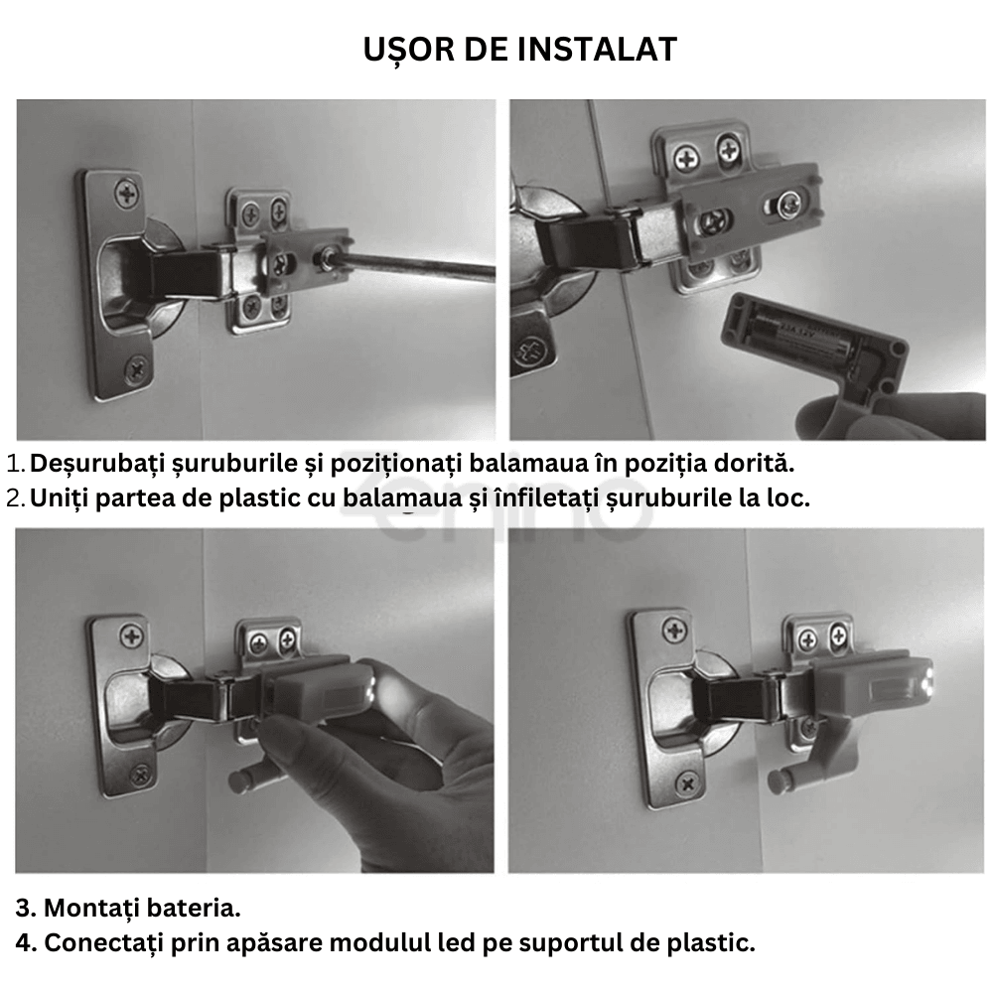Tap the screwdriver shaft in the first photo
pyautogui.click(x=417, y=265)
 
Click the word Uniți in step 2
pyautogui.click(x=61, y=497)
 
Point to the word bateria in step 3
pyautogui.click(x=193, y=908)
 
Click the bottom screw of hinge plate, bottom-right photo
pyautogui.click(x=685, y=784)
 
